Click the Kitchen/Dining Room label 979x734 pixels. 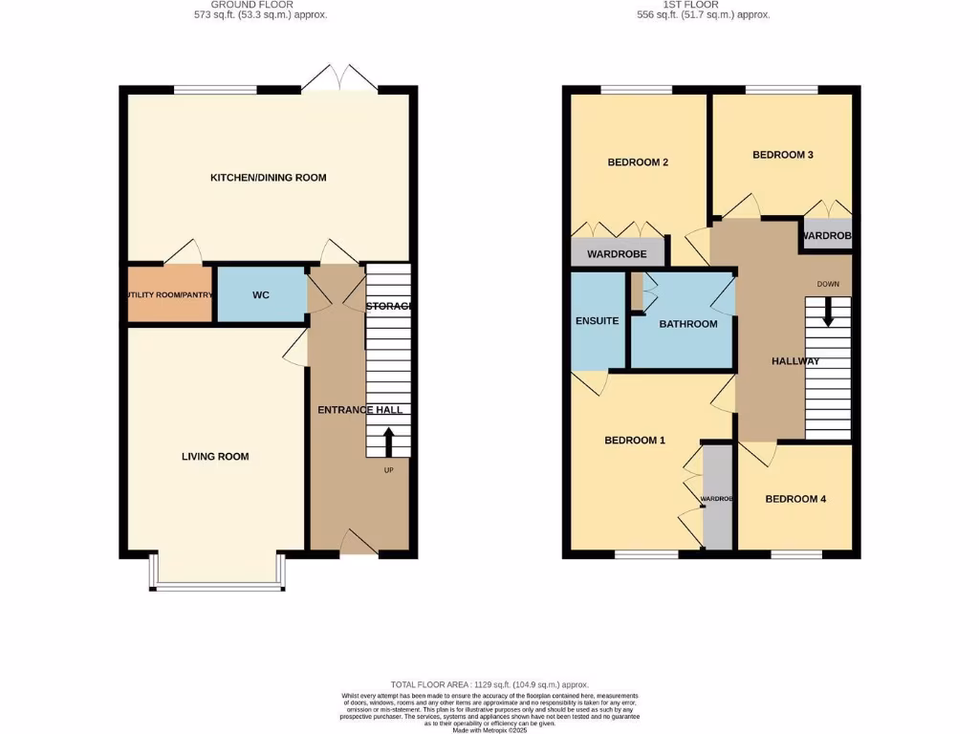pos(269,178)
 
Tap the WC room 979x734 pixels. pos(261,295)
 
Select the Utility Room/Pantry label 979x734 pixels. pos(170,295)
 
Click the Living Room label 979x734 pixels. pos(215,457)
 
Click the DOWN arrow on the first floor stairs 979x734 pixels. pos(828,313)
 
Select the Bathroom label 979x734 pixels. pos(687,324)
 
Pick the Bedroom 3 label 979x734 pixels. pos(782,155)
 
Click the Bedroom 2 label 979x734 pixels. pos(638,162)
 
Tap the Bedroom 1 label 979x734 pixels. pos(635,441)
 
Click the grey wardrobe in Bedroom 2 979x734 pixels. pos(617,253)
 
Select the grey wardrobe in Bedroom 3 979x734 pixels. pos(826,235)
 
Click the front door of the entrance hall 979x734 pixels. pos(359,544)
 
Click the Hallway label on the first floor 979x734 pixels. pos(795,361)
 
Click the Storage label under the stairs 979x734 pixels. pos(388,307)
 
